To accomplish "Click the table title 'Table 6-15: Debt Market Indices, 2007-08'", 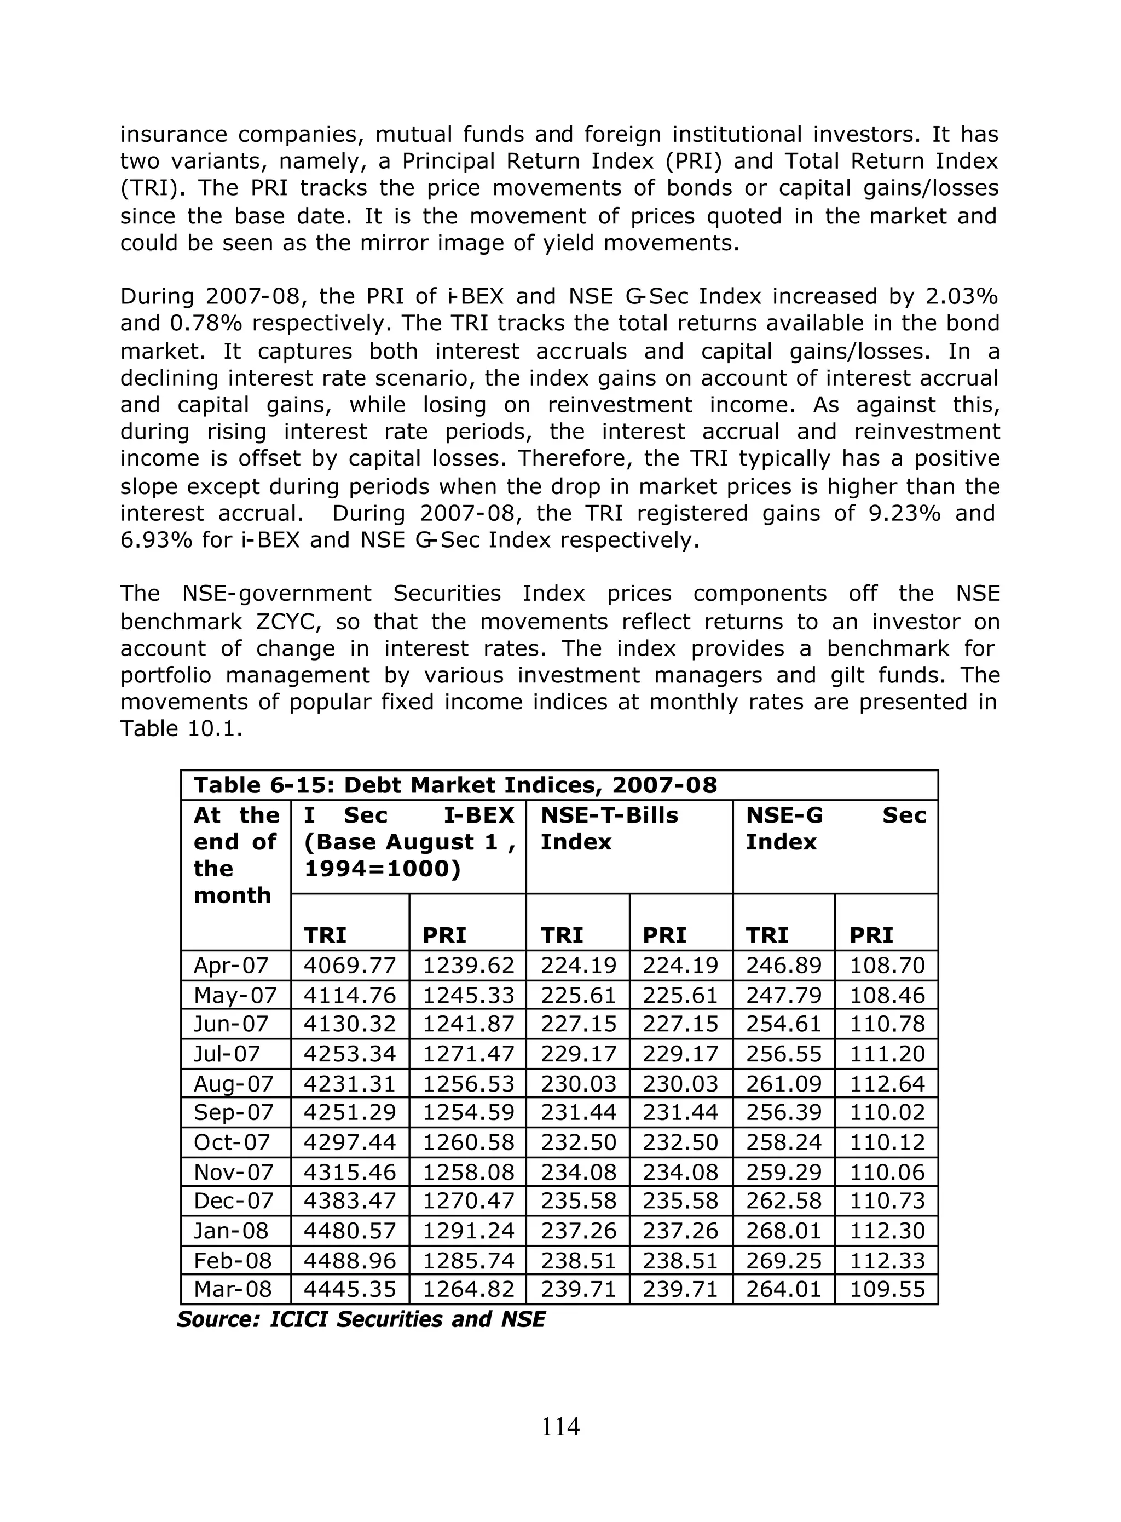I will pyautogui.click(x=455, y=785).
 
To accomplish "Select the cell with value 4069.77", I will pyautogui.click(x=349, y=966).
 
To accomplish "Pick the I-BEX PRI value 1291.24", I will pyautogui.click(x=468, y=1230).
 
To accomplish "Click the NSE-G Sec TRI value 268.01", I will pyautogui.click(x=784, y=1230).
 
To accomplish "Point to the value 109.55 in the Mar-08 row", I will pyautogui.click(x=887, y=1289).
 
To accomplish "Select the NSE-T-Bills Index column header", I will pyautogui.click(x=609, y=828).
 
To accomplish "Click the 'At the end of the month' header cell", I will pyautogui.click(x=235, y=855).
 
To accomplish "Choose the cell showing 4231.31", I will pyautogui.click(x=349, y=1083).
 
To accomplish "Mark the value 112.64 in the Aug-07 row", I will pyautogui.click(x=887, y=1083).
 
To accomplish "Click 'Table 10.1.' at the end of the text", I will pyautogui.click(x=181, y=728).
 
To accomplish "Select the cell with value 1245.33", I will pyautogui.click(x=468, y=995).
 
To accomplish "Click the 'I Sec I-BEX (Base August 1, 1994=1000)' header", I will pyautogui.click(x=408, y=842).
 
